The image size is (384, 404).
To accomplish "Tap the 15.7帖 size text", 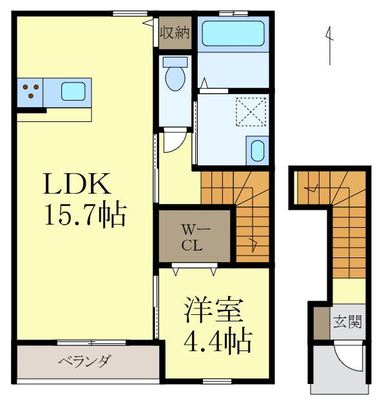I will tap(84, 215).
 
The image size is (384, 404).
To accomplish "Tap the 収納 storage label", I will tap(175, 32).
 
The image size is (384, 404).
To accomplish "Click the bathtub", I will tap(232, 35).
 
